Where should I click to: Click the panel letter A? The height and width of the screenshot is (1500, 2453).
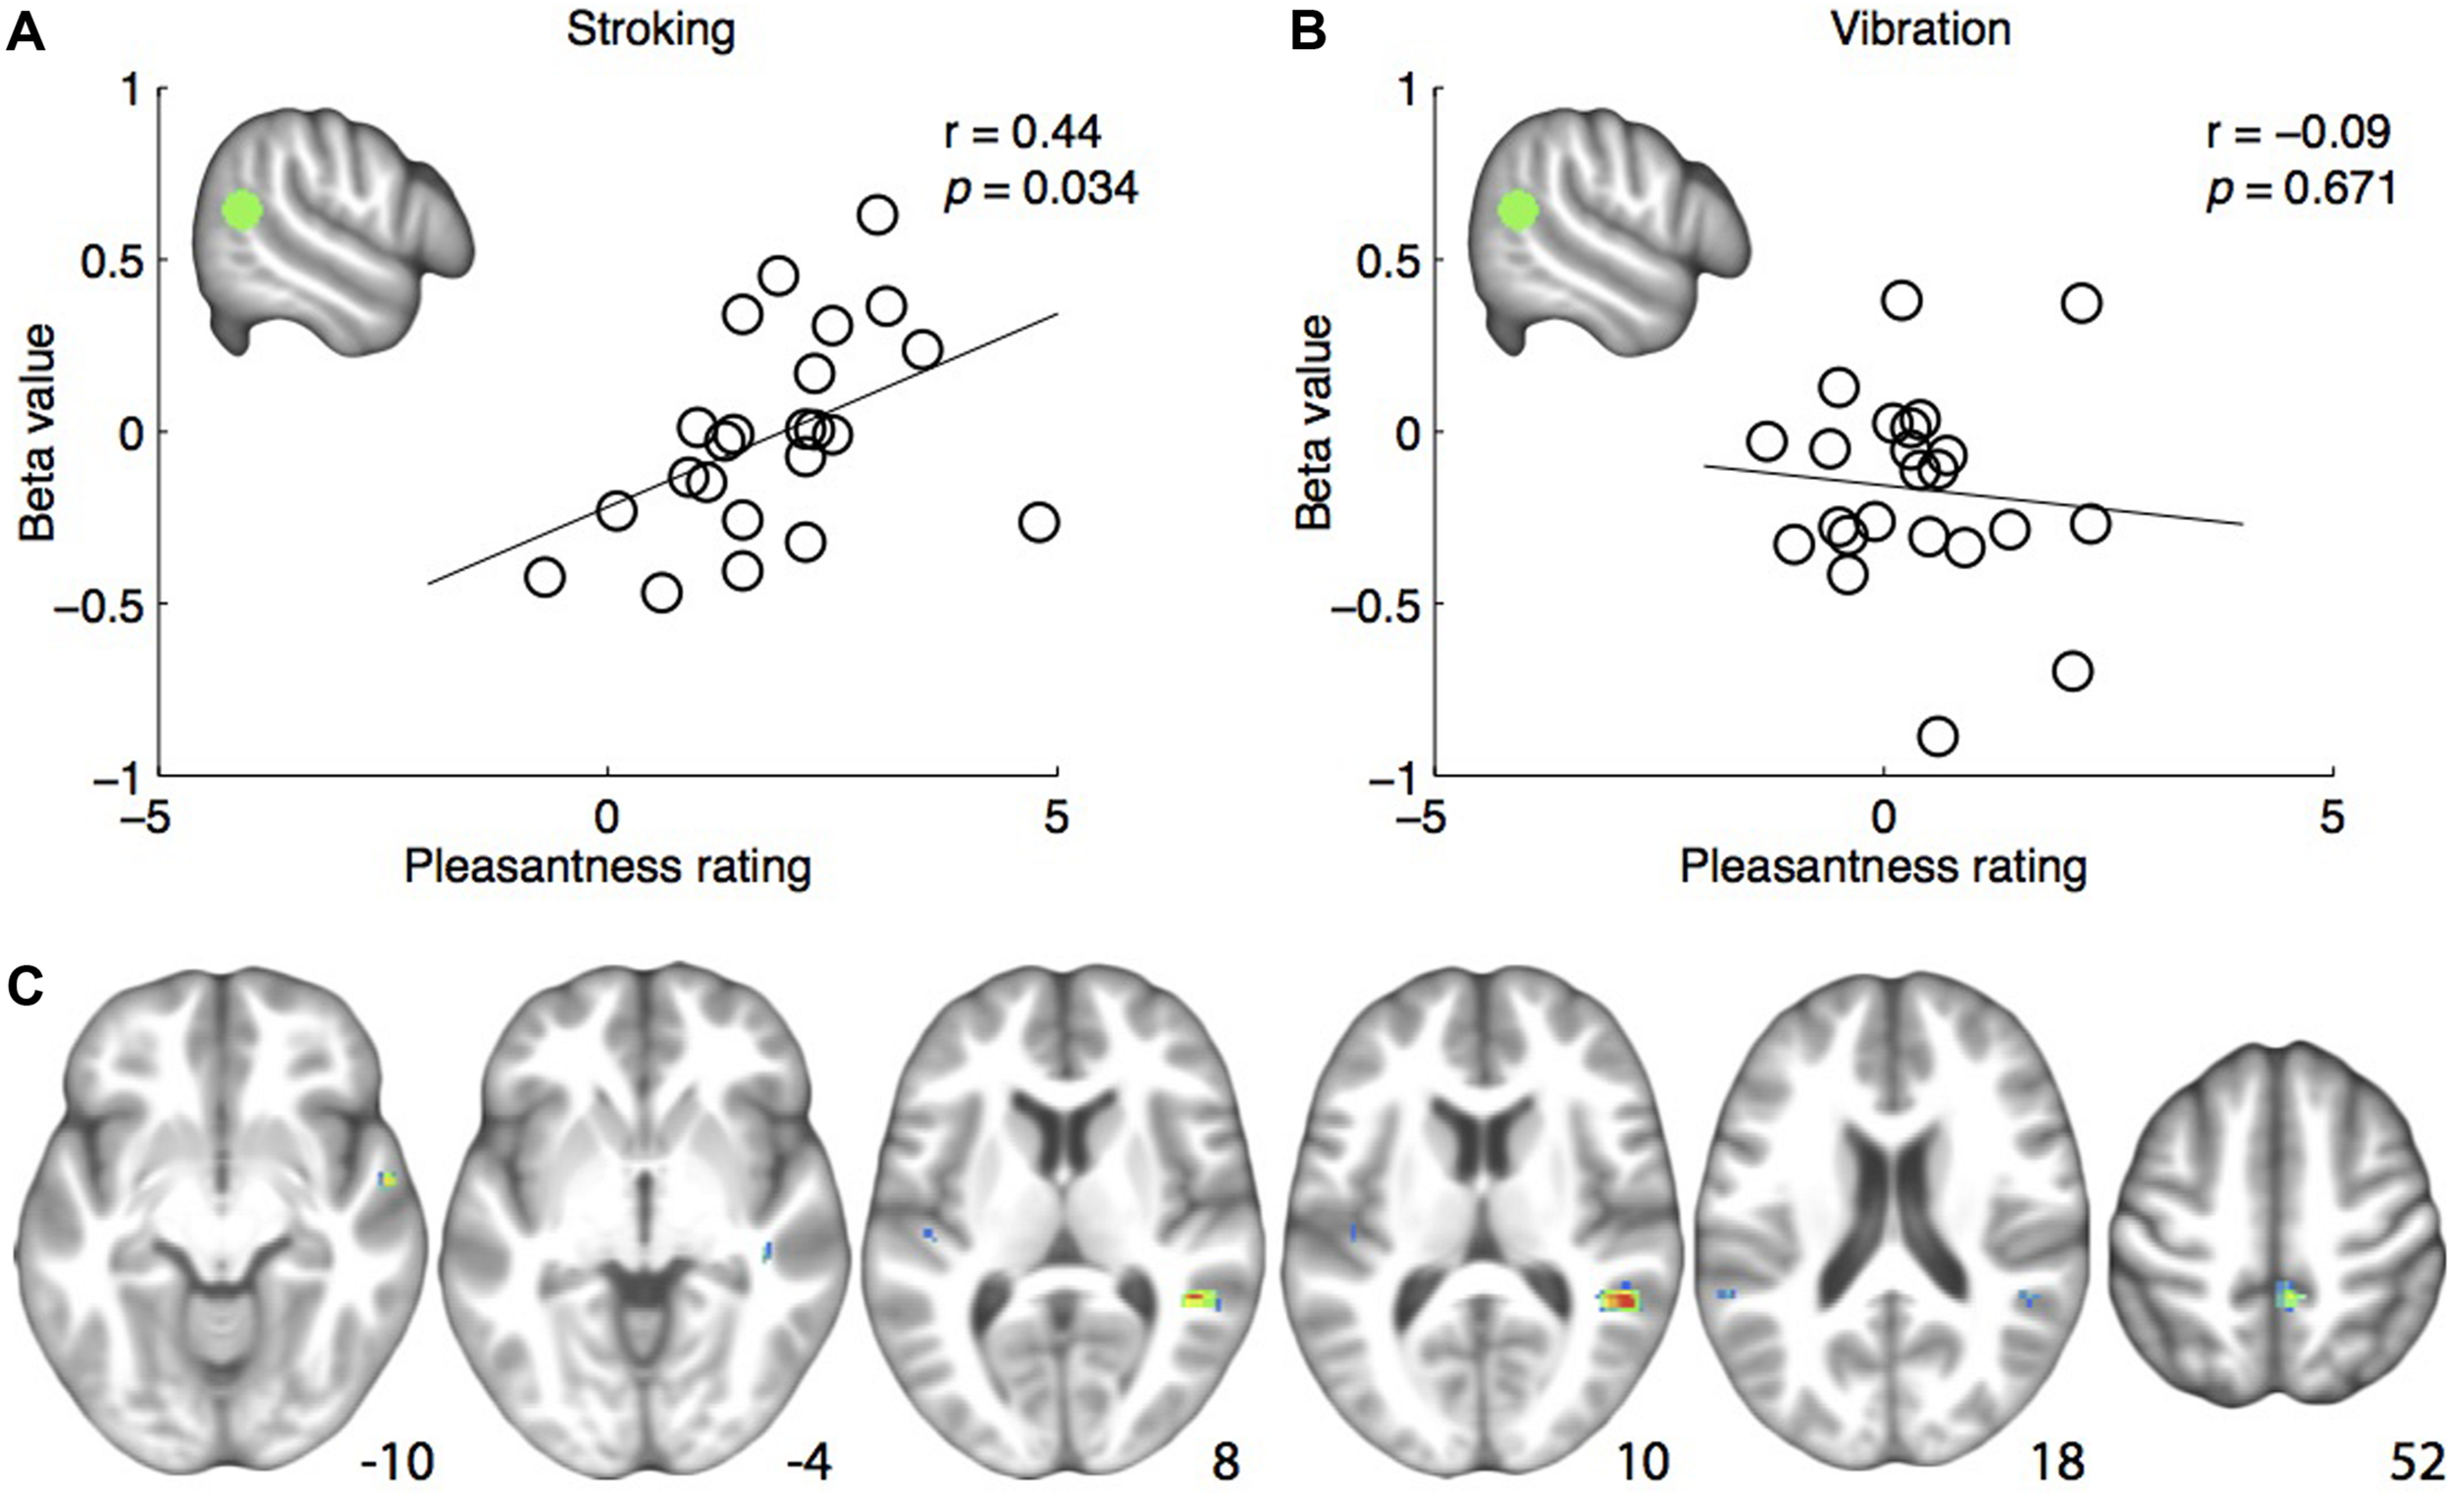coord(26,31)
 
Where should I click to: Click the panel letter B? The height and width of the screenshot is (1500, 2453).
coord(1307,31)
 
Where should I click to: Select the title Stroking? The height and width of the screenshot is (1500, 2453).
coord(651,29)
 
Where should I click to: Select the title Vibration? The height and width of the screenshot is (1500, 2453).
coord(1921,29)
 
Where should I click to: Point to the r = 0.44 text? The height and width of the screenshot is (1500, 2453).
coord(1022,132)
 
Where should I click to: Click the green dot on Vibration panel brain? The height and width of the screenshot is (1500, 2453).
coord(1518,210)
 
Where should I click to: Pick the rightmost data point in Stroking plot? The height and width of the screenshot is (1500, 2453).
coord(1038,523)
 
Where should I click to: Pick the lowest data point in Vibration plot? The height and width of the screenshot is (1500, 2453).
coord(1937,737)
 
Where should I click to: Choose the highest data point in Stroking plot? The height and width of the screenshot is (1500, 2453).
coord(877,215)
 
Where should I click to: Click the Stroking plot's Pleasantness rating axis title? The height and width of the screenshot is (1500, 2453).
coord(607,867)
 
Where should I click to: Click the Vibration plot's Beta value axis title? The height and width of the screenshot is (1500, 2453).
coord(1314,423)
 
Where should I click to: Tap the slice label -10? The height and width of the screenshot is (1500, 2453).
coord(397,1463)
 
